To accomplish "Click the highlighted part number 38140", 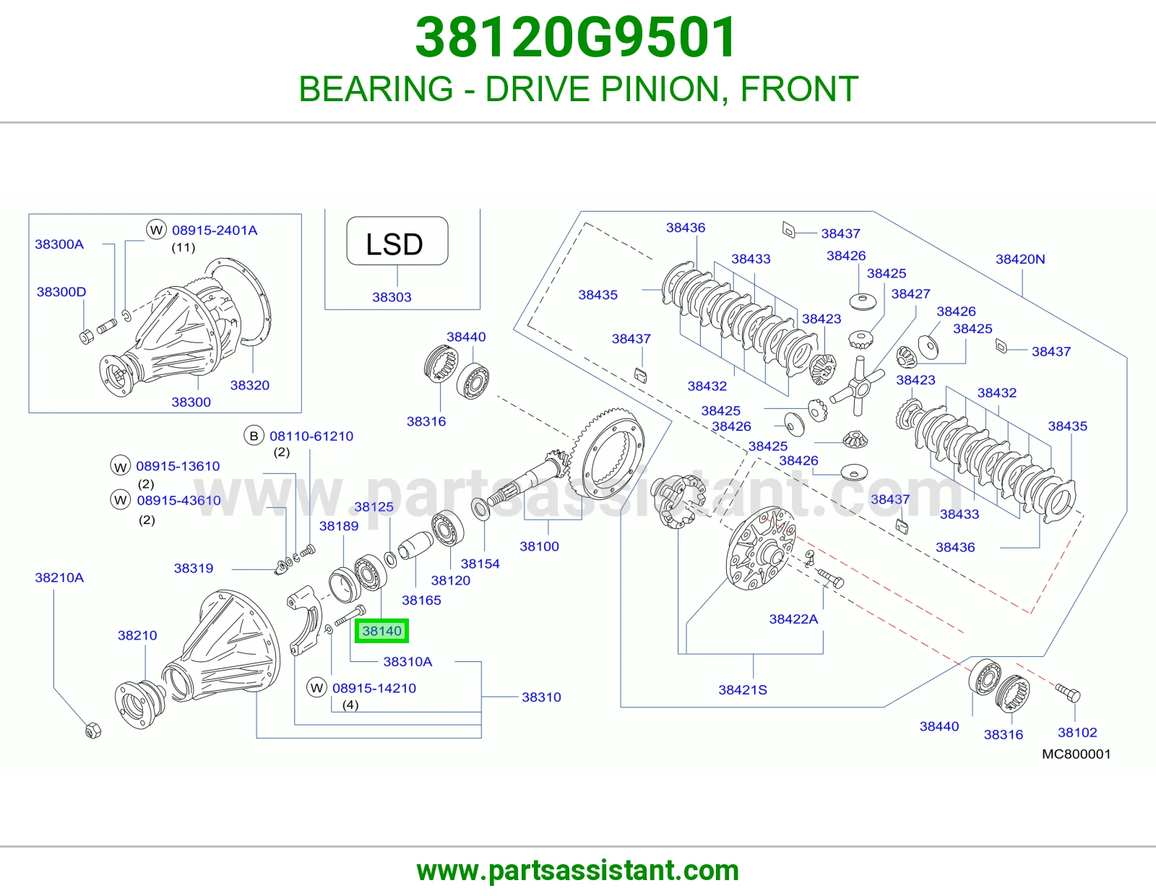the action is [x=381, y=631].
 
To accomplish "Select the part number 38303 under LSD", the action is [x=392, y=297].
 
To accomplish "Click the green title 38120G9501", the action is [x=576, y=37].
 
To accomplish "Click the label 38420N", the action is [x=1020, y=259].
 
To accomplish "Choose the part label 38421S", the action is [x=743, y=689].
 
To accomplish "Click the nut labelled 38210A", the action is [x=93, y=730].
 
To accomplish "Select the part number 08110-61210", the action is [x=311, y=436].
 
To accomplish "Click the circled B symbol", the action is [x=254, y=436].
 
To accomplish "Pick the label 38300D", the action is [x=61, y=292].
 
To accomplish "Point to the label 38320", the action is [x=249, y=385].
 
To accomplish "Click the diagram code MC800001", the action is [x=1077, y=754].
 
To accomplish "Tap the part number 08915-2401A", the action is [x=215, y=231].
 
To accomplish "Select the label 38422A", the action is [x=793, y=619].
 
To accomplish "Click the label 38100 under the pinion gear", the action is [x=539, y=546].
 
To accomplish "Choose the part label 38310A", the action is [x=407, y=661].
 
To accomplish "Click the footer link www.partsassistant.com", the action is [x=578, y=871].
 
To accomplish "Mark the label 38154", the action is [x=480, y=564].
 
